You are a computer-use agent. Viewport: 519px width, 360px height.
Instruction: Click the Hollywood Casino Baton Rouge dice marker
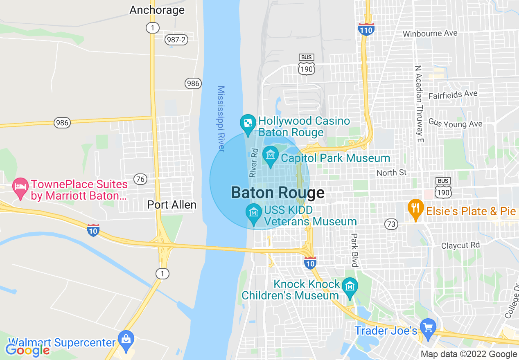pos(248,124)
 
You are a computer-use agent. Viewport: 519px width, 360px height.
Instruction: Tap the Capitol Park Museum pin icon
pos(270,155)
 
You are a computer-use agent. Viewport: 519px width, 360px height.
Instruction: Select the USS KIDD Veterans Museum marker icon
pos(254,213)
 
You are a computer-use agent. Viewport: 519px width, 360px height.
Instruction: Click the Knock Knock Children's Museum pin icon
pos(350,286)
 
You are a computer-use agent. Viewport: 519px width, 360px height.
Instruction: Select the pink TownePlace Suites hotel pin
pos(20,187)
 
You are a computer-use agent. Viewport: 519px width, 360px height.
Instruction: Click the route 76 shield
pos(140,179)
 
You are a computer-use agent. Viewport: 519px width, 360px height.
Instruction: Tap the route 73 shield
pos(391,224)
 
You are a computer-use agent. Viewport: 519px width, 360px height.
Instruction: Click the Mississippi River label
pos(221,119)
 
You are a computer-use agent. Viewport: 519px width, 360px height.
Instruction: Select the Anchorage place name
pos(157,10)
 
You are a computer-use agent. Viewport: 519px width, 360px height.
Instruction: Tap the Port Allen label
pos(171,205)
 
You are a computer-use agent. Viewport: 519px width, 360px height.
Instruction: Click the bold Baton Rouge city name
pos(278,193)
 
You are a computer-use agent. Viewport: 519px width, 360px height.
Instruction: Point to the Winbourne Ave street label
pos(430,34)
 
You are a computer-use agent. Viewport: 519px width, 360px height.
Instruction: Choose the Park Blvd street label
pos(354,250)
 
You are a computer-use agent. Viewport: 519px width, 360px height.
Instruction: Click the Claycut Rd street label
pos(460,245)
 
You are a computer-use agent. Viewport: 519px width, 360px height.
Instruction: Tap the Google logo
pos(27,350)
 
